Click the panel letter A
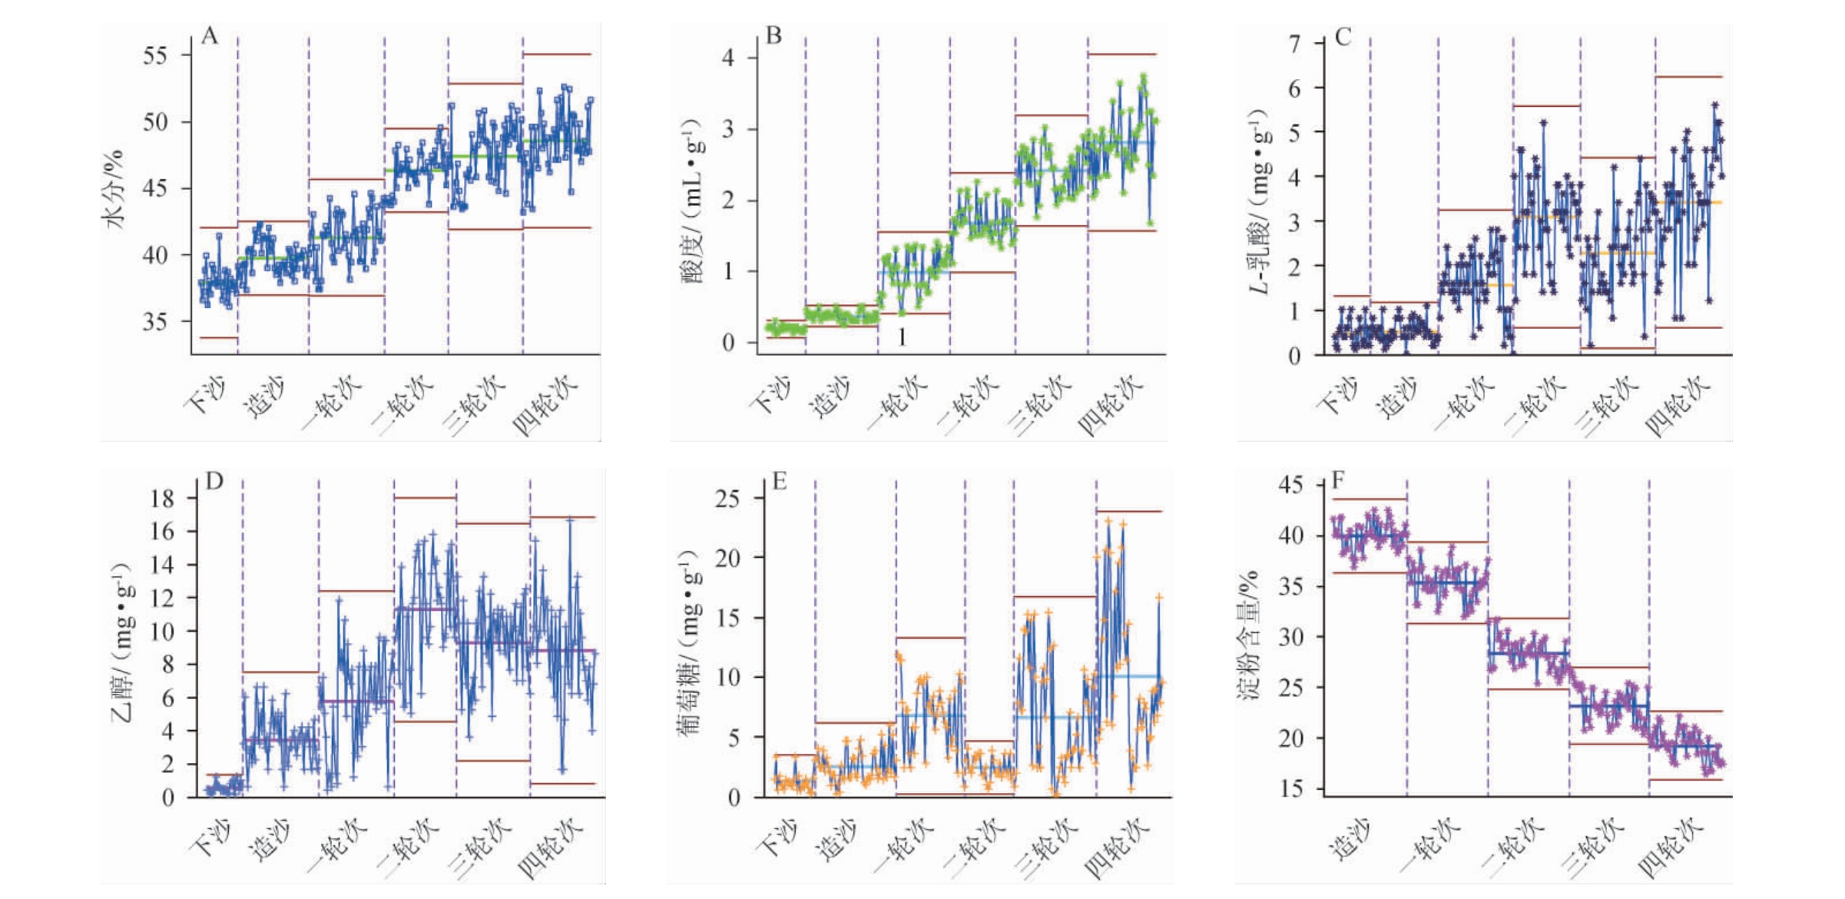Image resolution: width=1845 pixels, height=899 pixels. (x=209, y=36)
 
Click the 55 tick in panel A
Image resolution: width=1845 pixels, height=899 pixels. (x=156, y=55)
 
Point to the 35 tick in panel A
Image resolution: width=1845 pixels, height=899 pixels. (x=156, y=321)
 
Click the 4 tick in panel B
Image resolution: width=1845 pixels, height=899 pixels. (x=728, y=58)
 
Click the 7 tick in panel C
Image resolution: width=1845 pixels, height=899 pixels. (x=1295, y=44)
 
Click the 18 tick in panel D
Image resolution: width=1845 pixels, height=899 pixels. (x=162, y=499)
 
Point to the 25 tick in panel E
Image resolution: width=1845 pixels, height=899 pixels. (x=727, y=499)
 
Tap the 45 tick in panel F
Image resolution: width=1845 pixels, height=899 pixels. (x=1290, y=485)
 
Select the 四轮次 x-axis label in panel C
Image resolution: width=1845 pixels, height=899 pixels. (x=1678, y=405)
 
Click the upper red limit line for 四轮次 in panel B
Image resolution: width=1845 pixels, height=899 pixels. (x=1122, y=55)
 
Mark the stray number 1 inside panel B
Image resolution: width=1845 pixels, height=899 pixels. (x=903, y=337)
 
